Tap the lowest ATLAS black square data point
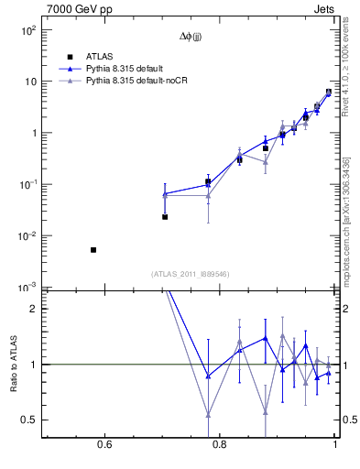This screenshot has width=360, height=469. coord(93,249)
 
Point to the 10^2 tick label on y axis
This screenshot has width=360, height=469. coord(27,29)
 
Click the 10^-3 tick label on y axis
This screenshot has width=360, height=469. coord(27,288)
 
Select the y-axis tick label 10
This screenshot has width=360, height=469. coord(29,82)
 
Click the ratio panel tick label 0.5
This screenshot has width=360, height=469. coord(28,420)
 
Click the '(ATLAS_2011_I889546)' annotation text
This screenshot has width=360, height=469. coord(190,274)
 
